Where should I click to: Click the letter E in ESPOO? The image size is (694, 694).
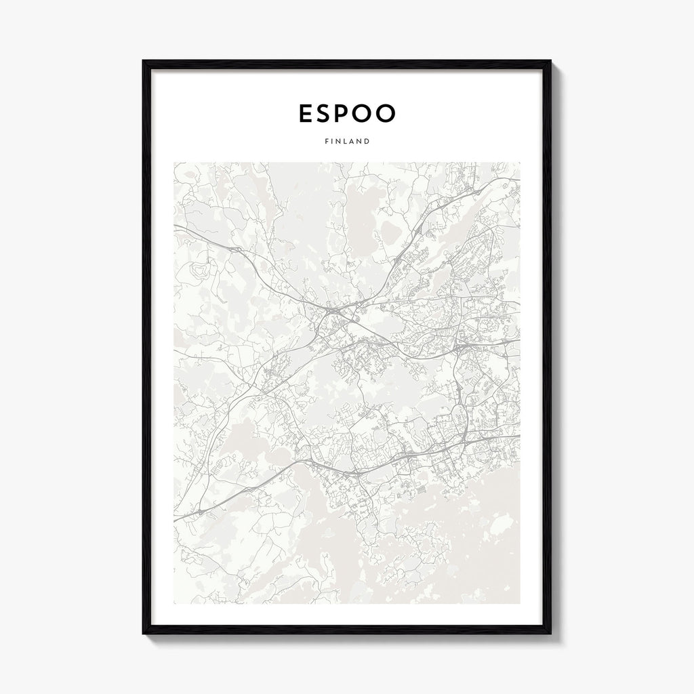(x=307, y=114)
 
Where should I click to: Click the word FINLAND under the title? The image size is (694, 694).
(x=347, y=142)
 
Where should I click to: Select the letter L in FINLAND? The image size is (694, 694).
(x=344, y=142)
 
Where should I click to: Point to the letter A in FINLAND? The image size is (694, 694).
(x=350, y=142)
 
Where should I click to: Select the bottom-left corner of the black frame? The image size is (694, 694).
(x=144, y=633)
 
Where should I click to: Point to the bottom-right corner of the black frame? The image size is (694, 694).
(x=550, y=633)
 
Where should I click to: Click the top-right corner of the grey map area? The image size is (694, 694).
(x=520, y=163)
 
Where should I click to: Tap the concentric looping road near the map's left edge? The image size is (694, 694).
(x=200, y=272)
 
